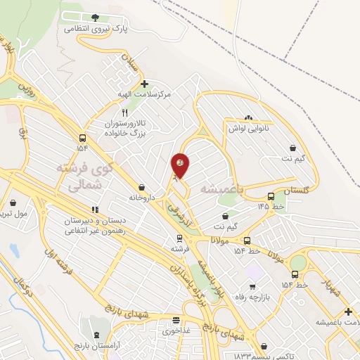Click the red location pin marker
[x=181, y=165]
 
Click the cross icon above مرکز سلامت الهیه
[x=144, y=84]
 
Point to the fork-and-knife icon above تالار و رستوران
[x=125, y=112]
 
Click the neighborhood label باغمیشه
[x=221, y=189]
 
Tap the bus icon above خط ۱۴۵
[x=271, y=196]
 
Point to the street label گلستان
[x=296, y=191]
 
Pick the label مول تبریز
[x=15, y=212]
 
